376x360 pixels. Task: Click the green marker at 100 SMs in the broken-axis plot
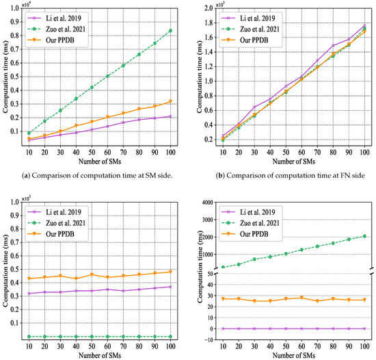click(364, 236)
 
